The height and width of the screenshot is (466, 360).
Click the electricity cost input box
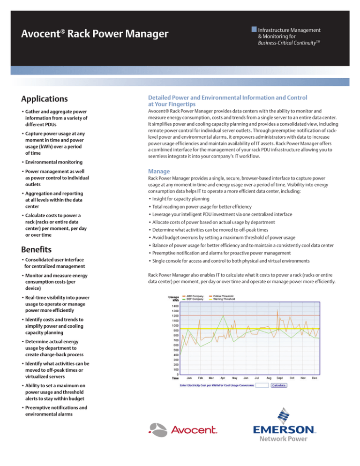pyautogui.click(x=262, y=385)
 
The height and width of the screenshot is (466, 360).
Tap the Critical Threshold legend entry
pyautogui.click(x=224, y=296)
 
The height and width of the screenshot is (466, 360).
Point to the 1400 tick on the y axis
pyautogui.click(x=174, y=305)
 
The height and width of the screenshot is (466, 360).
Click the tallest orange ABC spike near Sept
pyautogui.click(x=277, y=310)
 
